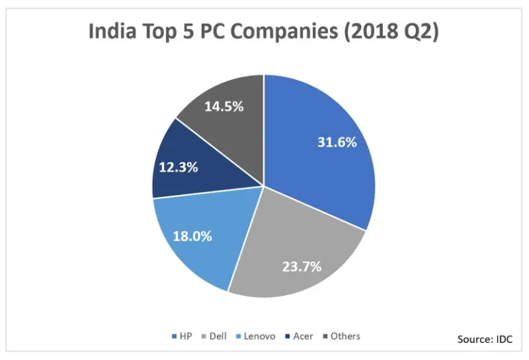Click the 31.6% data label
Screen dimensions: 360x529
coord(336,142)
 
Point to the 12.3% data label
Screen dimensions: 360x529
coord(178,167)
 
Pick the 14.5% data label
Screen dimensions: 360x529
coord(222,107)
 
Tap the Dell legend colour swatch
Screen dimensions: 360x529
coord(204,337)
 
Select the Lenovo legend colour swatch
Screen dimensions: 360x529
coord(238,337)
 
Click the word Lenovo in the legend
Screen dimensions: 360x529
coord(260,337)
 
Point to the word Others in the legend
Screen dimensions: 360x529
coord(345,337)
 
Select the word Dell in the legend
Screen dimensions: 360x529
coord(219,337)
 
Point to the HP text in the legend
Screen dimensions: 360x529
coord(185,337)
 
